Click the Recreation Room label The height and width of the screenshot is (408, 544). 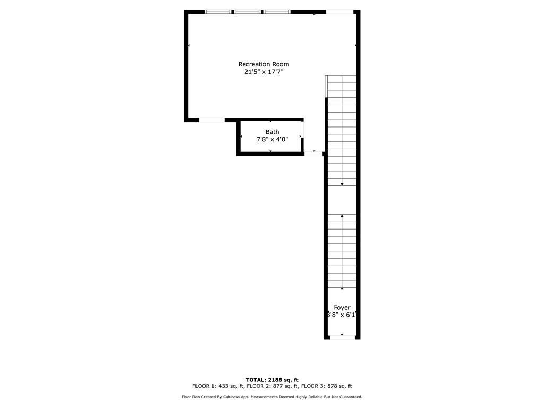point(263,64)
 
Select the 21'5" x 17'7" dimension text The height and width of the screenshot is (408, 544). point(263,72)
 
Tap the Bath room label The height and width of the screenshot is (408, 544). point(273,132)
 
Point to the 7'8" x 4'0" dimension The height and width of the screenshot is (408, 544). point(273,140)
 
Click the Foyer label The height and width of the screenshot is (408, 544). point(342,308)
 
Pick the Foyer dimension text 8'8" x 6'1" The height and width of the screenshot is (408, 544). point(342,315)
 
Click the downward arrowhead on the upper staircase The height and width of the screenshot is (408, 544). point(342,184)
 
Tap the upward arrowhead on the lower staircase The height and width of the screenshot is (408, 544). point(342,216)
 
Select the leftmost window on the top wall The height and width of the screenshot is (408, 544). point(218,12)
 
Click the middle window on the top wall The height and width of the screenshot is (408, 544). point(248,12)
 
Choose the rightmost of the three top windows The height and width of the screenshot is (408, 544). point(277,12)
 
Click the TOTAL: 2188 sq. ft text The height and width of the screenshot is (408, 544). point(272,380)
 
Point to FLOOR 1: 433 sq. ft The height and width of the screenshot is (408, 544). point(218,386)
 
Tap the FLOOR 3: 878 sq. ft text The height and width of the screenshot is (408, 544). point(327,386)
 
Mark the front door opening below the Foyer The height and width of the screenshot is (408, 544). point(342,337)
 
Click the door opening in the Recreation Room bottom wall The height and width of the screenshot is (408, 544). point(212,120)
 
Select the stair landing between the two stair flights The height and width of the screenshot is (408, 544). point(342,200)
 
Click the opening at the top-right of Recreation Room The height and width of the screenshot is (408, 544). point(339,12)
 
